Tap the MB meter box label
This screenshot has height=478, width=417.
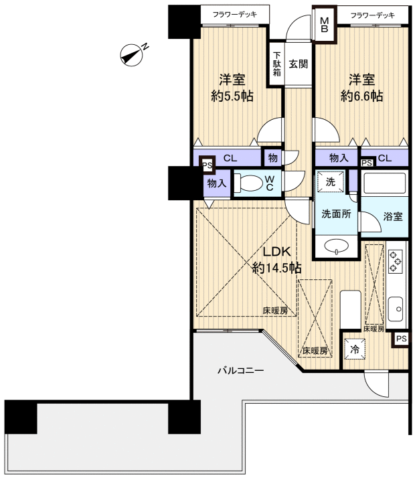point(325,25)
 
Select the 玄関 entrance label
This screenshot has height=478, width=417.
point(298,64)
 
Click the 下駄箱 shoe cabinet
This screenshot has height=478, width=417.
point(276,64)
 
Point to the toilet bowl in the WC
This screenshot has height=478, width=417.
point(249,183)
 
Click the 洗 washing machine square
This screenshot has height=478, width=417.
point(331,182)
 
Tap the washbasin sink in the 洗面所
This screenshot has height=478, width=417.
point(336,246)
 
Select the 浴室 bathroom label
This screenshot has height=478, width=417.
point(393,216)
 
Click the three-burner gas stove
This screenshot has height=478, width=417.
point(395,261)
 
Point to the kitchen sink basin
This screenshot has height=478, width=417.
point(396,309)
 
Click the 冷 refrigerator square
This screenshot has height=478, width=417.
point(355,349)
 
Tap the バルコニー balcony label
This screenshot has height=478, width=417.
point(241,371)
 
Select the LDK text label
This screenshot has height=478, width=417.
point(276,252)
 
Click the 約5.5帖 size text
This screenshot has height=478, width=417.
point(232,96)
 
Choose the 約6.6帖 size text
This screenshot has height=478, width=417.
point(362,96)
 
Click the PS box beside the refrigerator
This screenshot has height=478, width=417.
point(401,339)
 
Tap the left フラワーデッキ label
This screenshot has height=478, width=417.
point(235,14)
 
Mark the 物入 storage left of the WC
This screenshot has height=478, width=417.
point(216,183)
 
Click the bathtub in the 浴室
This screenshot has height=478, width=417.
point(385,182)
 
